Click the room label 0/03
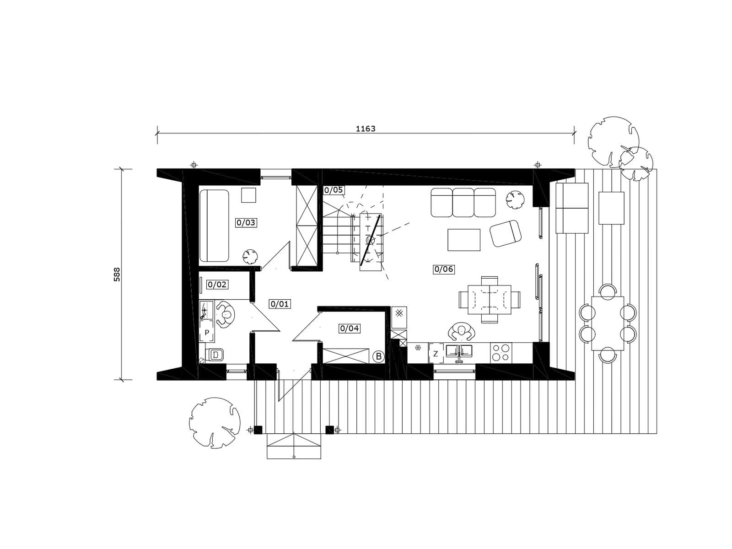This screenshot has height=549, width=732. [246, 222]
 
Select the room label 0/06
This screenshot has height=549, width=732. [443, 269]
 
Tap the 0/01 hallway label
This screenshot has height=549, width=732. [280, 304]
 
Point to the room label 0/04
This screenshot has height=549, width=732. [349, 328]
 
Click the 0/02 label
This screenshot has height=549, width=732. [217, 284]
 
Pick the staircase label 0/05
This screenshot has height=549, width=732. [334, 190]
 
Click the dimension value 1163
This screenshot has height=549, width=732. [366, 129]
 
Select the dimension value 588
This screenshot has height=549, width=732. [117, 274]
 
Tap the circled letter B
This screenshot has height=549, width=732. [378, 357]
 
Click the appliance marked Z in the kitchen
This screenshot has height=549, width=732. [436, 354]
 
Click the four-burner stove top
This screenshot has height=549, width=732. [501, 353]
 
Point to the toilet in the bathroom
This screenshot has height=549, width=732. [215, 355]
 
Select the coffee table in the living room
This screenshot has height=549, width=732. [464, 240]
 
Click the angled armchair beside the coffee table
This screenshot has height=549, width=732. [506, 233]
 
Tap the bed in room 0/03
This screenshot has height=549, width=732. [214, 226]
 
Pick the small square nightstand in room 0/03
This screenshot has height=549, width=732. [248, 195]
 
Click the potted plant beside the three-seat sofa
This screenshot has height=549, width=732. [515, 199]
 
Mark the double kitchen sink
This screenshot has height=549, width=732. [459, 351]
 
